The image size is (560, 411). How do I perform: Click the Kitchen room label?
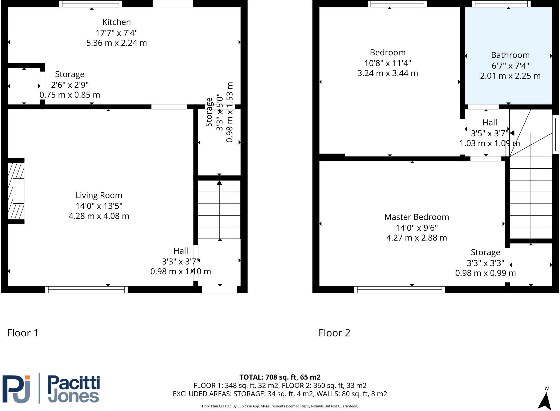[116, 22]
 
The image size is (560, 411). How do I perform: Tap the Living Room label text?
[99, 195]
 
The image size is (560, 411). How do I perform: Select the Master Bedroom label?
[416, 217]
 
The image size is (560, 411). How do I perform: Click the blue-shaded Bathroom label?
[510, 55]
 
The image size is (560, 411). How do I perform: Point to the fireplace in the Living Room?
[16, 191]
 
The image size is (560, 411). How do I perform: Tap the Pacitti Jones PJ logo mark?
[16, 389]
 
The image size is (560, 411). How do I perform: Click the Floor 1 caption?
[23, 333]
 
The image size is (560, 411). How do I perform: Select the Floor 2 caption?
[334, 333]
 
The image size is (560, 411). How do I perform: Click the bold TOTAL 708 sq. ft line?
[280, 377]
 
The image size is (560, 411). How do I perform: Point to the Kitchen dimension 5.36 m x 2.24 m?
[116, 43]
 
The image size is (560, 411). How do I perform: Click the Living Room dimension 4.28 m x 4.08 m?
[99, 216]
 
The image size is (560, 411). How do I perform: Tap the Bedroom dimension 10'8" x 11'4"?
[388, 63]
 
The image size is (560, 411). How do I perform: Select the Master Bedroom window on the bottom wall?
[399, 290]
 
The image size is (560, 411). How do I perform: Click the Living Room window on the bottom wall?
[86, 290]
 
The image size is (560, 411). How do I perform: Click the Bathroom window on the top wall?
[501, 4]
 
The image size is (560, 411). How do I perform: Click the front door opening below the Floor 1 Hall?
[220, 290]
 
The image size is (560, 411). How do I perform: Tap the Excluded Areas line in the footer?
[280, 394]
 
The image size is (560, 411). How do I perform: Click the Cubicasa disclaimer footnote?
[280, 406]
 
